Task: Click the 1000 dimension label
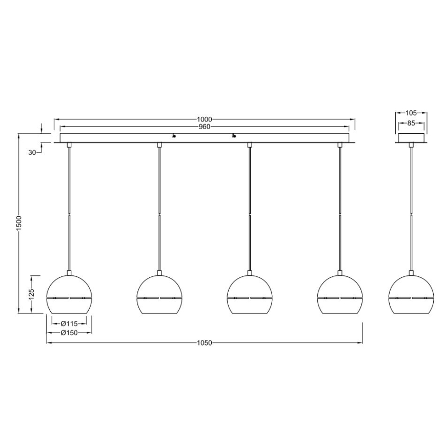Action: point(205,119)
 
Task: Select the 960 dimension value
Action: point(205,127)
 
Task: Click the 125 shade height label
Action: point(31,294)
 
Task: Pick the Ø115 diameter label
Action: point(69,324)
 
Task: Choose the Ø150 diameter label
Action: point(69,332)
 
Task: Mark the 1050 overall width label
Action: point(205,342)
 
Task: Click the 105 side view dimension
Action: point(412,113)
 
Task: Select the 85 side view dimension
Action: point(412,124)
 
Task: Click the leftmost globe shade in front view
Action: point(69,295)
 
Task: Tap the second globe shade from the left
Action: point(159,295)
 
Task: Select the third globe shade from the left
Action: point(250,295)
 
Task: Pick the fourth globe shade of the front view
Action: point(340,295)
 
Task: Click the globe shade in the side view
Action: point(411,295)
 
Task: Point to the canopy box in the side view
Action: point(412,138)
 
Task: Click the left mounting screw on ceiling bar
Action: point(174,136)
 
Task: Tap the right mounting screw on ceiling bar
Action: point(234,136)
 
